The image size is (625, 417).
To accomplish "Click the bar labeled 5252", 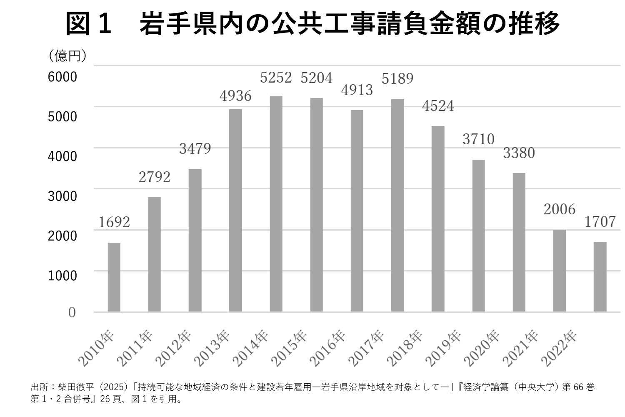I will (276, 204).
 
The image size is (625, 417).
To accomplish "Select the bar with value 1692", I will (114, 277).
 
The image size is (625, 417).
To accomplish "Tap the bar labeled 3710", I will (478, 236).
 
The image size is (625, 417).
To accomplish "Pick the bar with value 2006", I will (560, 271).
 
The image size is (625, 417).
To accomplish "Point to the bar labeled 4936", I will (235, 210).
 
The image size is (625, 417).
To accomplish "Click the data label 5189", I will (397, 79).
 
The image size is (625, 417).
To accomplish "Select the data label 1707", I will (600, 222).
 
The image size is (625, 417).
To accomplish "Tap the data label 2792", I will (155, 177).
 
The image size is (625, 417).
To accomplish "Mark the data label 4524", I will (438, 106).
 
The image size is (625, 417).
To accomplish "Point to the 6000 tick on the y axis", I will (62, 77).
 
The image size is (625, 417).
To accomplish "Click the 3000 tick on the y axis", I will (62, 196).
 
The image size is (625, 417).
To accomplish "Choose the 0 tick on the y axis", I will (72, 312).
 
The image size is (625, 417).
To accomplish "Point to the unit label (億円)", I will (67, 56).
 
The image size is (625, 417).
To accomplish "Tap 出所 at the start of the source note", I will (37, 387).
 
